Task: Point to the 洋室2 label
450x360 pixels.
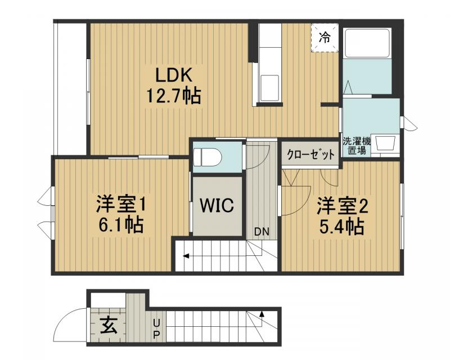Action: (342, 206)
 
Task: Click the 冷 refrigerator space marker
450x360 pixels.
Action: (325, 38)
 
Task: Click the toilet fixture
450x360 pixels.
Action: (206, 157)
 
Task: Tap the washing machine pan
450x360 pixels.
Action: (387, 144)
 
